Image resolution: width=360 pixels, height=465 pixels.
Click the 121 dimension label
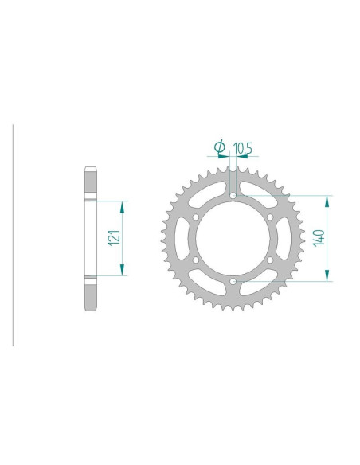click(x=115, y=237)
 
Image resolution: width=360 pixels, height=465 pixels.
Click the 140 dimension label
click(x=319, y=237)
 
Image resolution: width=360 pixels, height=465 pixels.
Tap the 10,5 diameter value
click(x=243, y=148)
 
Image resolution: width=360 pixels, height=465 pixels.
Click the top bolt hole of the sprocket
click(x=233, y=196)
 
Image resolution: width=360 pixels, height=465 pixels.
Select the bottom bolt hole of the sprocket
click(x=233, y=281)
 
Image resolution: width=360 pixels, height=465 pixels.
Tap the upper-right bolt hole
click(x=270, y=217)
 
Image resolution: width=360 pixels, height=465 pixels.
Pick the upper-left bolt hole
click(x=196, y=217)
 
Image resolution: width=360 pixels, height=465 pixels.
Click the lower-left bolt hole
click(x=196, y=260)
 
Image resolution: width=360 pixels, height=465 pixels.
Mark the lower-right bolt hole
click(x=270, y=260)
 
